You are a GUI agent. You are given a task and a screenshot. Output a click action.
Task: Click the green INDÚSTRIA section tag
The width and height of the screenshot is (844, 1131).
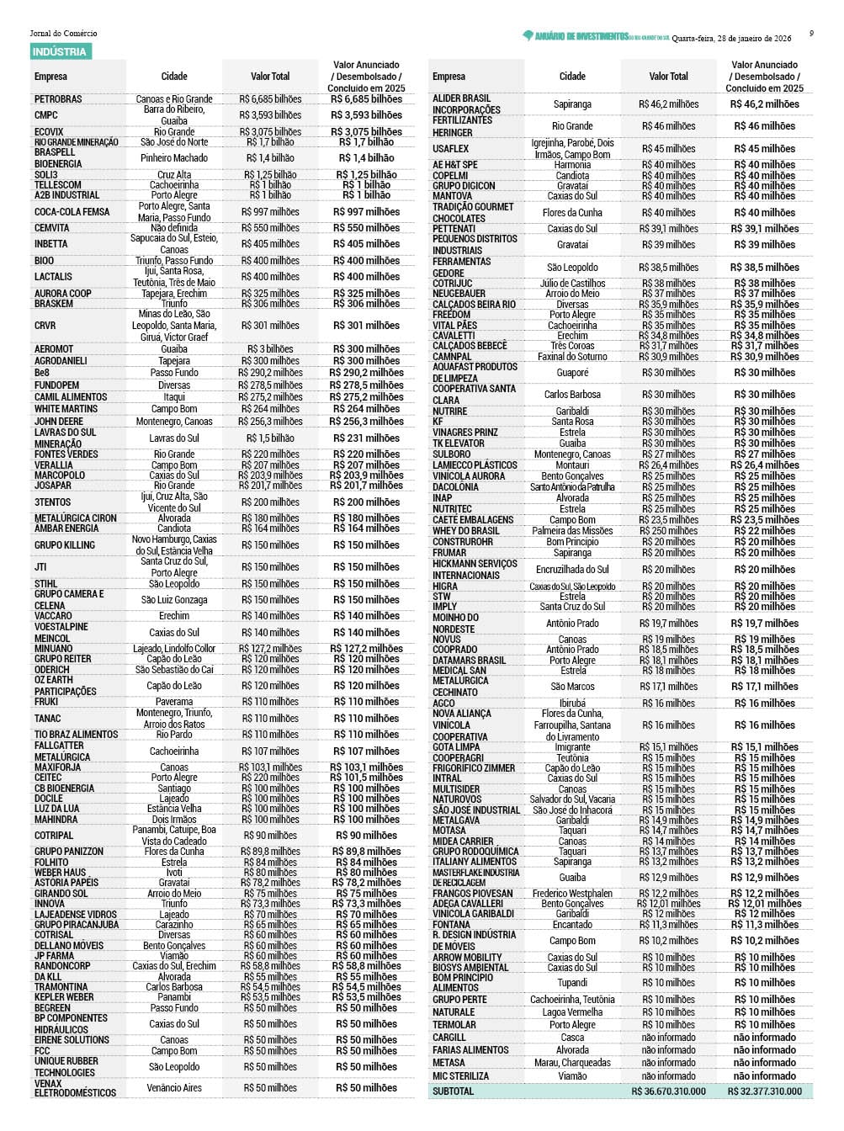coord(59,52)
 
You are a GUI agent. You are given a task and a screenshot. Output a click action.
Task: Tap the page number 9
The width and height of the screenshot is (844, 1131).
coord(811,34)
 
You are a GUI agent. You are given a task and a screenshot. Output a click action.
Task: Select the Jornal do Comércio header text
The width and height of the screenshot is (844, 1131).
coord(63,34)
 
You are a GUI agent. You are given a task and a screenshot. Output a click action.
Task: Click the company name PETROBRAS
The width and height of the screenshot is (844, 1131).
coord(58,99)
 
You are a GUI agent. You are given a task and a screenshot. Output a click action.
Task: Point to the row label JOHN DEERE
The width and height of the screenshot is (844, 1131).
coord(58,422)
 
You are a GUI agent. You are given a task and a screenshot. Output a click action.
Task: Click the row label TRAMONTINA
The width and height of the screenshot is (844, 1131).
coord(61,987)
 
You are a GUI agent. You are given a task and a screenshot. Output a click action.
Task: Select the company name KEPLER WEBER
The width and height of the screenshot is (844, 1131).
coord(65,997)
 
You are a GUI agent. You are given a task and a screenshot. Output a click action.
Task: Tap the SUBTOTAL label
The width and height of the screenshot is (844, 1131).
coord(453,1091)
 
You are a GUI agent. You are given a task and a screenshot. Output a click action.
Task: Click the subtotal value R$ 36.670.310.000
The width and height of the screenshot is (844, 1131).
coord(669,1091)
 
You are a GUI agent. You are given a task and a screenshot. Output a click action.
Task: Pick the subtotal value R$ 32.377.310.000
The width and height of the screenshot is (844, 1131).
coord(764,1091)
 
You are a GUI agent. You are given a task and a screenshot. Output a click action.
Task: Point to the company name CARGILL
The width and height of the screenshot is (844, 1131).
coord(449,1038)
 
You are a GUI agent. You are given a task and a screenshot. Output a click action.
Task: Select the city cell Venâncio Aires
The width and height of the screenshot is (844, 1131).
coord(174,1088)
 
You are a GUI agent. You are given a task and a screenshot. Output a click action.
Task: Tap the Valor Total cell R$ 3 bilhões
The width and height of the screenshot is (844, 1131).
coord(270,349)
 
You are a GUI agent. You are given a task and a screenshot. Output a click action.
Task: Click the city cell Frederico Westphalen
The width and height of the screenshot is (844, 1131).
coord(572,894)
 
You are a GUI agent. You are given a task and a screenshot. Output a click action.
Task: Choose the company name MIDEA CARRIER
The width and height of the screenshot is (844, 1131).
coord(463,841)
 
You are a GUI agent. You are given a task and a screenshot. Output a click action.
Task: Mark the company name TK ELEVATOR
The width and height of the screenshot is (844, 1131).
coord(459,443)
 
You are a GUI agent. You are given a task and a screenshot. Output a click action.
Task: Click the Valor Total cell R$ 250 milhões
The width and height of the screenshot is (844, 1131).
coord(669,531)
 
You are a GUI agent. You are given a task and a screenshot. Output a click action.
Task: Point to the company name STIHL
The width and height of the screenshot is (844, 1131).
coord(45,584)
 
